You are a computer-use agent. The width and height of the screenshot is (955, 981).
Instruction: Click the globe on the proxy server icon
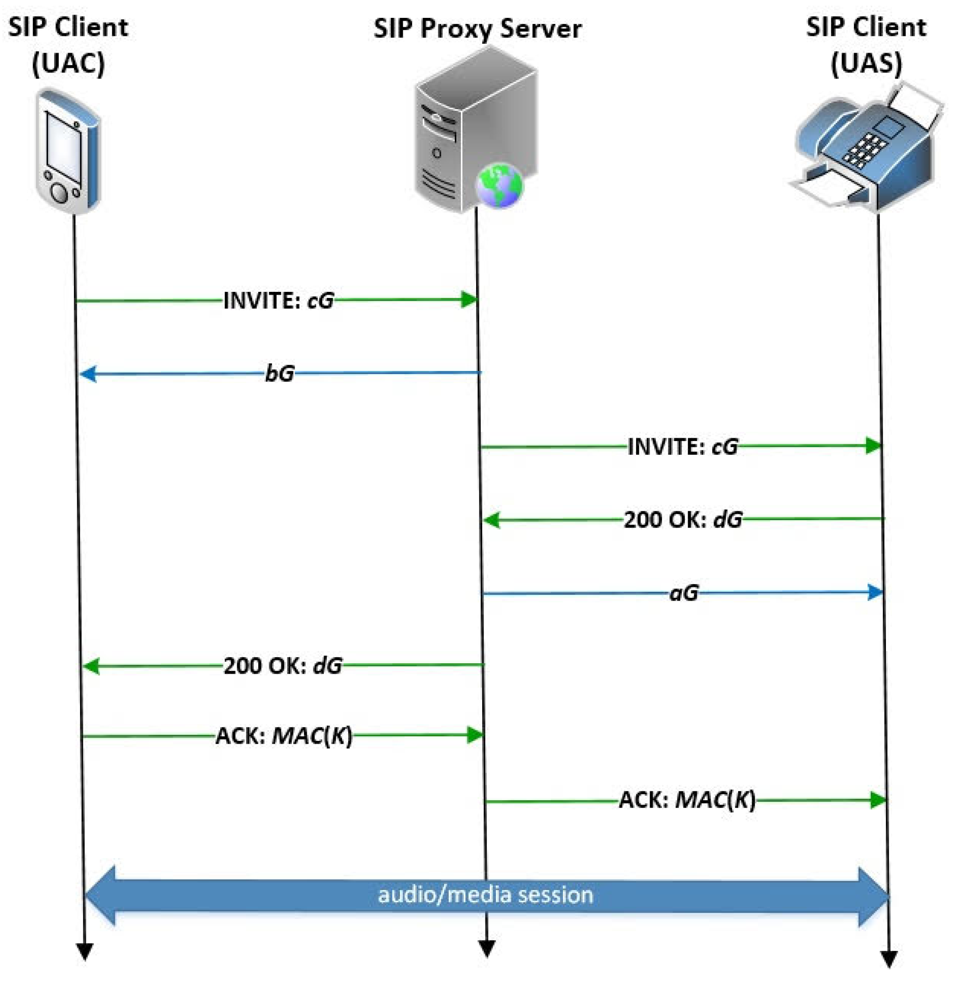[499, 185]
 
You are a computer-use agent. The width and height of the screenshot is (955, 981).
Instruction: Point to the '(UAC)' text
[68, 63]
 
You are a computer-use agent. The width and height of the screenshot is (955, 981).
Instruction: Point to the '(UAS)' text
[866, 63]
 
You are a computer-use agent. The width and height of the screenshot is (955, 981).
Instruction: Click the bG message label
[279, 373]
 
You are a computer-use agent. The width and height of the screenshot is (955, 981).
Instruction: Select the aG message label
[684, 593]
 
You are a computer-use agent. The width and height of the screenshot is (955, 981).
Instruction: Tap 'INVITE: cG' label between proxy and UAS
[683, 446]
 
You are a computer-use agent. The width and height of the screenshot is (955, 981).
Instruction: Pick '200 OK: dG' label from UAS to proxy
[683, 519]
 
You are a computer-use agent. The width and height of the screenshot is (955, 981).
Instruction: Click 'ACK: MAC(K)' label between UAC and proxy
[284, 736]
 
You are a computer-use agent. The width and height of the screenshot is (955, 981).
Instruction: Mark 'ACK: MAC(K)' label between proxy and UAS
[687, 800]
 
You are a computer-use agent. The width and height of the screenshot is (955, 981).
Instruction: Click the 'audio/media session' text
[485, 895]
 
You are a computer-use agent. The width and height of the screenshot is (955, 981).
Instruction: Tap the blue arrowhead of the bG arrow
[88, 374]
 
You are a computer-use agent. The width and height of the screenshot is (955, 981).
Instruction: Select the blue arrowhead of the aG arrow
[875, 592]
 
